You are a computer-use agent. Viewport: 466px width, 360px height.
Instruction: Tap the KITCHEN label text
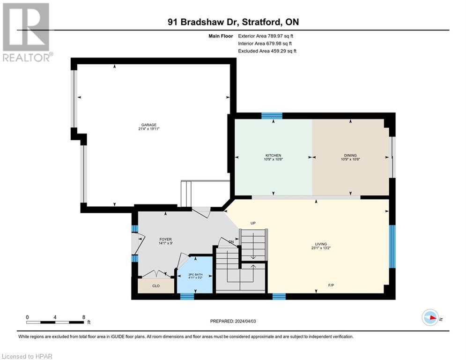(x=273, y=155)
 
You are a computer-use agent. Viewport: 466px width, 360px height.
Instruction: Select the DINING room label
(x=350, y=155)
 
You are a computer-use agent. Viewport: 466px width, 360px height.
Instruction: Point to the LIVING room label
(x=321, y=244)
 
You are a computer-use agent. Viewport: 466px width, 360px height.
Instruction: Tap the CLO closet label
(x=155, y=285)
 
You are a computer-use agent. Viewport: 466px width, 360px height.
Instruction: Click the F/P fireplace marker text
(x=331, y=285)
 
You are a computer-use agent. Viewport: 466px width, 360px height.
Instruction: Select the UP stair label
(x=253, y=223)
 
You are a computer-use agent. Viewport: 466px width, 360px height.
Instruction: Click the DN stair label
(x=230, y=242)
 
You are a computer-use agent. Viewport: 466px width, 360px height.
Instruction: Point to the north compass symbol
(x=430, y=317)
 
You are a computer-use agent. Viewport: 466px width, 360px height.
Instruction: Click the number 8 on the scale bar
(x=83, y=317)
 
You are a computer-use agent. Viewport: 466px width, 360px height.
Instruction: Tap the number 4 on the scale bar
(x=55, y=317)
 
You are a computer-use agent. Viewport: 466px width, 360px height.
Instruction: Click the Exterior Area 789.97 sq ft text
(x=265, y=36)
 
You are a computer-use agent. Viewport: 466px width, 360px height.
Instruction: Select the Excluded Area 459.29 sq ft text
(x=267, y=51)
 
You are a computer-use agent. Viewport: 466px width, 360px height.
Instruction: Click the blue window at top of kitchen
(x=272, y=116)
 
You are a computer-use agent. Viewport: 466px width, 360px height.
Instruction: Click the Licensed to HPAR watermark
(x=27, y=356)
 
